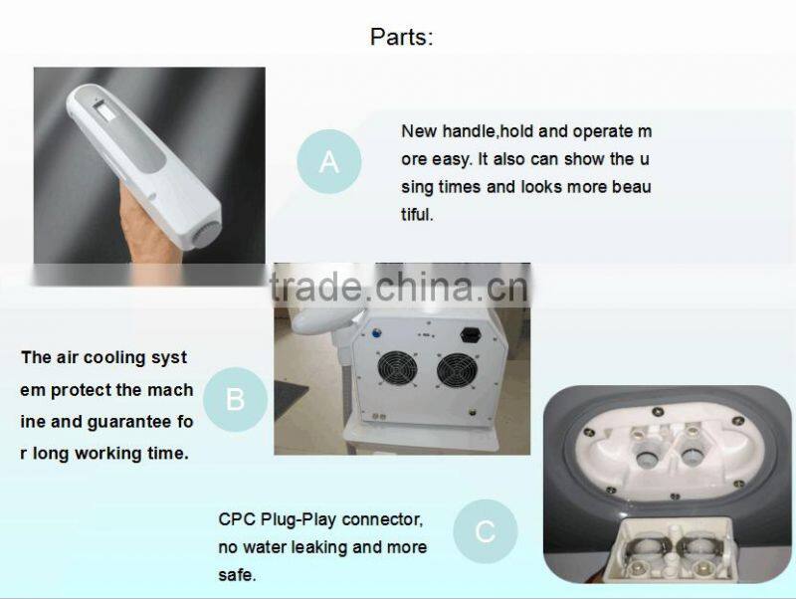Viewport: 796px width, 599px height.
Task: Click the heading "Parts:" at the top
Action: pyautogui.click(x=402, y=38)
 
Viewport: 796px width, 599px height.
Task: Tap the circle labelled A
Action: pyautogui.click(x=328, y=161)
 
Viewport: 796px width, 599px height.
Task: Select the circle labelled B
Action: pyautogui.click(x=235, y=399)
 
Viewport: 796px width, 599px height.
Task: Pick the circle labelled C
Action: pyautogui.click(x=485, y=531)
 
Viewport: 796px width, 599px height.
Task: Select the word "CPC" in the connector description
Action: pyautogui.click(x=237, y=519)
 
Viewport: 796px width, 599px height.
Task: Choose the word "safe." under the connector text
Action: pyautogui.click(x=237, y=575)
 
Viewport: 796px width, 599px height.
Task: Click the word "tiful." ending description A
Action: pyautogui.click(x=418, y=214)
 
